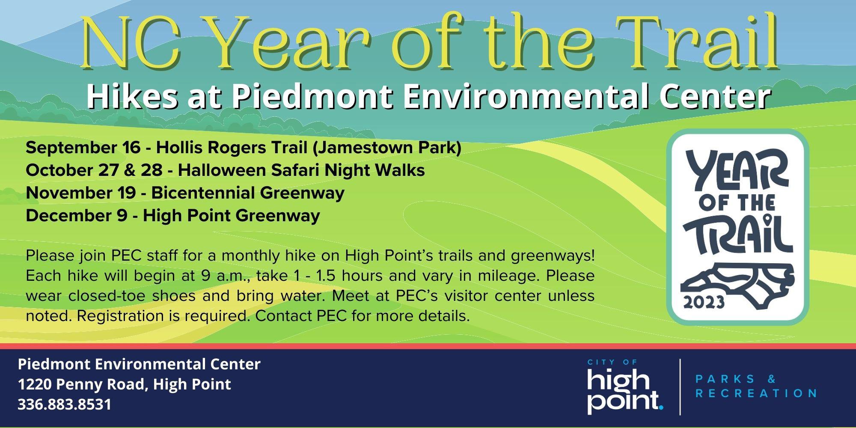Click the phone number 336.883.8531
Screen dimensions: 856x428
click(x=64, y=404)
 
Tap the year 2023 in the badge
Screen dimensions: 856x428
click(x=704, y=302)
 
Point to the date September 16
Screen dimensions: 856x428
click(x=83, y=149)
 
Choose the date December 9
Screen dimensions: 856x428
click(x=77, y=216)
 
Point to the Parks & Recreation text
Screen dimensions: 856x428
click(x=756, y=386)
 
